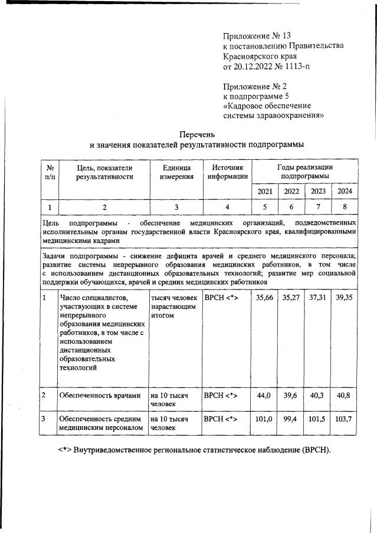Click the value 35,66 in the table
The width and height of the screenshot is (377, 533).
[x=264, y=298]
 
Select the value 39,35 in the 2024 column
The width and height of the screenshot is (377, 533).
[x=344, y=298]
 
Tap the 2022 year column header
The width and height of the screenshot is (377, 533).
[x=291, y=191]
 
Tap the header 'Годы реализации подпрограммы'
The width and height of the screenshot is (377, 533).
[x=304, y=172]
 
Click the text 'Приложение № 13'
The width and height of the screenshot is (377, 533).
[x=257, y=35]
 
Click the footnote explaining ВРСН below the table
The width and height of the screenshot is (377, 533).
[x=195, y=450]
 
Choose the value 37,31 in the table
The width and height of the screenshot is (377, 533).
[x=317, y=298]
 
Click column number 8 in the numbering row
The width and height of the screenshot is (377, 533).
[x=344, y=207]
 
